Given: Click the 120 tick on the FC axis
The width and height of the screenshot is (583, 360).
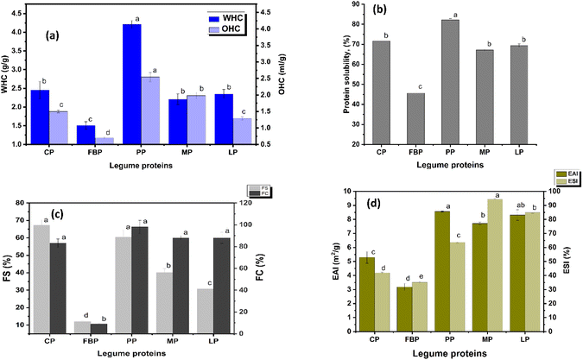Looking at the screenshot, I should (257, 202).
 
